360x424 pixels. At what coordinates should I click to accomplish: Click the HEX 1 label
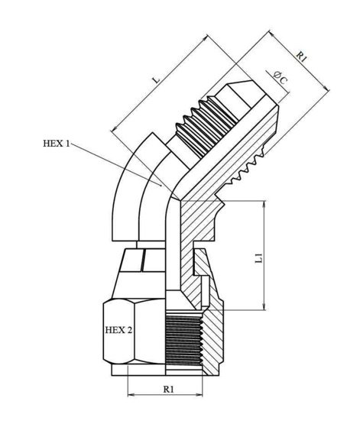point(57,143)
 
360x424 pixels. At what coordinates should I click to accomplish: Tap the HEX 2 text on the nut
point(118,330)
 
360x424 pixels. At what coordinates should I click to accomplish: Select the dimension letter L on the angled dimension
point(157,80)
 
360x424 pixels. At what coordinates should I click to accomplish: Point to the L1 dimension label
point(259,258)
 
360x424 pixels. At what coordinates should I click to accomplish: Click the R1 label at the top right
point(302,57)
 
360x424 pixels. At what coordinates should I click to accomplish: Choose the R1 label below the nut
point(168,389)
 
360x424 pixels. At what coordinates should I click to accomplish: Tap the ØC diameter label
point(281,78)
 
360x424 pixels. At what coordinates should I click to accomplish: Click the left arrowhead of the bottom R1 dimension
point(131,395)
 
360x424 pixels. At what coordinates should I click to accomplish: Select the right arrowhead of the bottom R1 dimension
point(199,395)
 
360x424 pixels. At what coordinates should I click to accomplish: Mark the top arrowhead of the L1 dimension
point(264,204)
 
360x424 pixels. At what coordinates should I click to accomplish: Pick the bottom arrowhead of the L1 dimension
point(264,307)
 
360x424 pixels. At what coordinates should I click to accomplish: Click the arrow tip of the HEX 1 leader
point(161,185)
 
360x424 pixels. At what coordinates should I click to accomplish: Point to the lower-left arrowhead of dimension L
point(114,129)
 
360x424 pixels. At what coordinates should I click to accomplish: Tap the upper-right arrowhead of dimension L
point(205,37)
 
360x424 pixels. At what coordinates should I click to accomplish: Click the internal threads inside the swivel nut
point(184,340)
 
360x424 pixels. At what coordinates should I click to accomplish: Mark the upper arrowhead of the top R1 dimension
point(271,33)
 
